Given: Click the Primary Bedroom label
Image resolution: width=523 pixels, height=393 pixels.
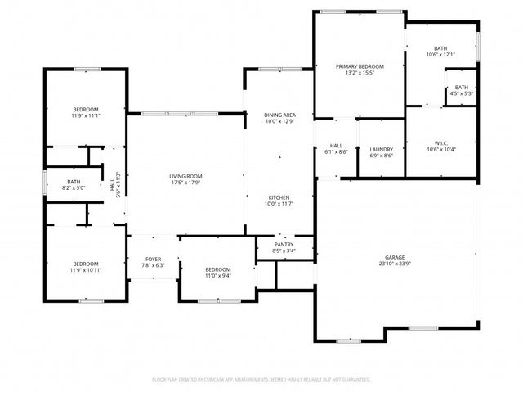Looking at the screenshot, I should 360,66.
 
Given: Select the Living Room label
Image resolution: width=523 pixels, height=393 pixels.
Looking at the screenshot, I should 186,176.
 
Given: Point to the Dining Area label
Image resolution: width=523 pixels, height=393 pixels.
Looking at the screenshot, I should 279,115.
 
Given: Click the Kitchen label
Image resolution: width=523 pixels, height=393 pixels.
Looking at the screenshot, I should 279,197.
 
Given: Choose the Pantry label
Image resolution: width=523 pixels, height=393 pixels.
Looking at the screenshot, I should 284,245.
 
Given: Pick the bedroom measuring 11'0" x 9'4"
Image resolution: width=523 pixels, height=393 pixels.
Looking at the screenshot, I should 218,273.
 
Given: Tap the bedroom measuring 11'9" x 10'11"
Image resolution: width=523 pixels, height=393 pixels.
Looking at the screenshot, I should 86,267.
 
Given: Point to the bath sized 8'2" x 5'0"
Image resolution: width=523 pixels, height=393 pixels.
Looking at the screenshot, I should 74,185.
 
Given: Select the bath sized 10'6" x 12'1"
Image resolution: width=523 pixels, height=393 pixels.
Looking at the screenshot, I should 440,52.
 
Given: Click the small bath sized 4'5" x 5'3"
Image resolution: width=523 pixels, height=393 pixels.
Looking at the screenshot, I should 462,90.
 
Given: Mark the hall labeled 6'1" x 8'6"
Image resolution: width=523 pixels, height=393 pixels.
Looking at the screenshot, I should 337,148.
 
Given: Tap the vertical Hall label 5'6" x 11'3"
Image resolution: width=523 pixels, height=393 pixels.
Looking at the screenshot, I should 115,186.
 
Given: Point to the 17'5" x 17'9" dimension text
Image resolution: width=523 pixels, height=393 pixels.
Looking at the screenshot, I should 186,183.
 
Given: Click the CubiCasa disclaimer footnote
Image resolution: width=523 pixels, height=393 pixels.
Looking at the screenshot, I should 261,379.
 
